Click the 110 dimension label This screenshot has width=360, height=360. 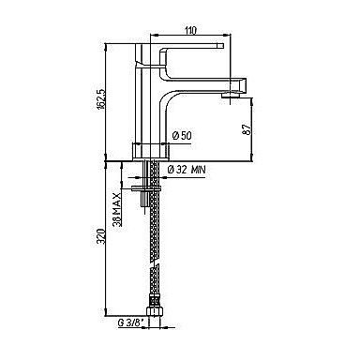(x=190, y=30)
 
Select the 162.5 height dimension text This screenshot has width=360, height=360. (x=100, y=99)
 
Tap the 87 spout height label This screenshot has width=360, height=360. (x=247, y=129)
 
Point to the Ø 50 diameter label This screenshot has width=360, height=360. (x=182, y=136)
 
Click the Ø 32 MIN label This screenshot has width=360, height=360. (x=187, y=170)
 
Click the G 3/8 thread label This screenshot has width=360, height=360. (x=128, y=323)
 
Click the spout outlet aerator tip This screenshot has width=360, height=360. (x=232, y=95)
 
